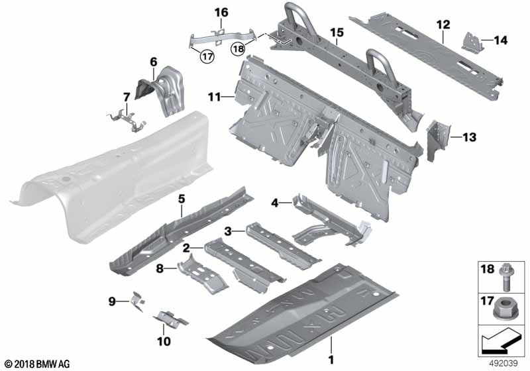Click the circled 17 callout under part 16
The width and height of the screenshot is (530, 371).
tap(207, 56)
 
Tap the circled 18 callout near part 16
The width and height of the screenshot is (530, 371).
tap(238, 49)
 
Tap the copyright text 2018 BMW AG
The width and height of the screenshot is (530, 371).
tap(38, 364)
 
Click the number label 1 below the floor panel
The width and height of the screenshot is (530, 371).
tap(331, 360)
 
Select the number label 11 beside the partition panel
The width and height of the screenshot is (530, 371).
tap(214, 97)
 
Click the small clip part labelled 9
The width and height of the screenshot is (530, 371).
tap(138, 301)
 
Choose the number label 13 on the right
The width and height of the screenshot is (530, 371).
tap(470, 137)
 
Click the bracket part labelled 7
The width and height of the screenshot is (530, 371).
tap(127, 120)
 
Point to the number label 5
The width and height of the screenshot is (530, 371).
tap(182, 199)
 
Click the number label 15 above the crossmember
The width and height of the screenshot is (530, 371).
tap(337, 32)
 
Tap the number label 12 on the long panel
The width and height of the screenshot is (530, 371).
tap(443, 25)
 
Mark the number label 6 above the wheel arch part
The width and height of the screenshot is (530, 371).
tap(154, 62)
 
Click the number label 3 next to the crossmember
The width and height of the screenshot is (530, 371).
tap(228, 231)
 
